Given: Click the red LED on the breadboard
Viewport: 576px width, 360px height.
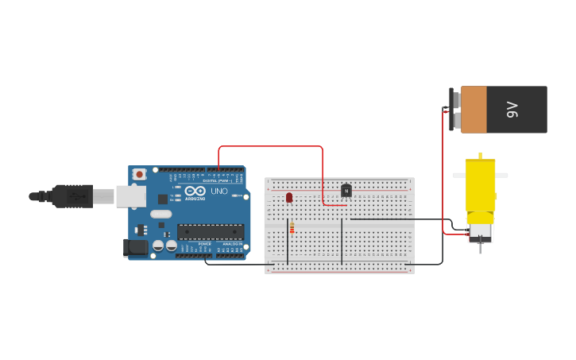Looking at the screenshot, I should tap(289, 196).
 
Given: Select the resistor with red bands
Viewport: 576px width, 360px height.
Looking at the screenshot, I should tap(292, 229).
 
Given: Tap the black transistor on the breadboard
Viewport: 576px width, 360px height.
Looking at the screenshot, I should tap(346, 190).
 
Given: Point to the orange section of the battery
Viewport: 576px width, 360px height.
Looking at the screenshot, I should tap(474, 110).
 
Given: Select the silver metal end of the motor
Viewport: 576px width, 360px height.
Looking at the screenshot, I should tap(480, 233).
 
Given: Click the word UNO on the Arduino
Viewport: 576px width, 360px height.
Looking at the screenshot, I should tap(218, 192).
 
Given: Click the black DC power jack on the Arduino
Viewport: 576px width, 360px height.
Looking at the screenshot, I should tap(136, 248).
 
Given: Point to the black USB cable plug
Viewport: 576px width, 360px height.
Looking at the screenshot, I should tap(72, 195).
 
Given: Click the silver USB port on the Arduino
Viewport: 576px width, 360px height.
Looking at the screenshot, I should tap(130, 196).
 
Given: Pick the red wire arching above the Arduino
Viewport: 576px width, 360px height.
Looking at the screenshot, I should tap(270, 146).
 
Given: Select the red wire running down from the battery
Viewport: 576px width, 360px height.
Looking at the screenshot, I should tap(443, 175).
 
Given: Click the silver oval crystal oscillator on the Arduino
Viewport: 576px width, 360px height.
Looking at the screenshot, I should tap(160, 214).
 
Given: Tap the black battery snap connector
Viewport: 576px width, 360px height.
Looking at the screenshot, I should tap(452, 109).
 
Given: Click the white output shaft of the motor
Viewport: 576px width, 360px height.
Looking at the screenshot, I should tap(481, 154).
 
